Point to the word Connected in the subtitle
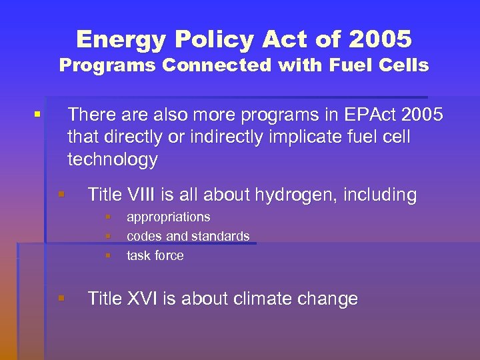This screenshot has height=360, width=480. (205, 65)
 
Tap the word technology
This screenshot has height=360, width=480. (113, 159)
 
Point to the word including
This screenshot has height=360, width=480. (381, 195)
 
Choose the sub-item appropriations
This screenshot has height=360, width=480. (168, 217)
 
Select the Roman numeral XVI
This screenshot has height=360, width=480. (137, 299)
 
